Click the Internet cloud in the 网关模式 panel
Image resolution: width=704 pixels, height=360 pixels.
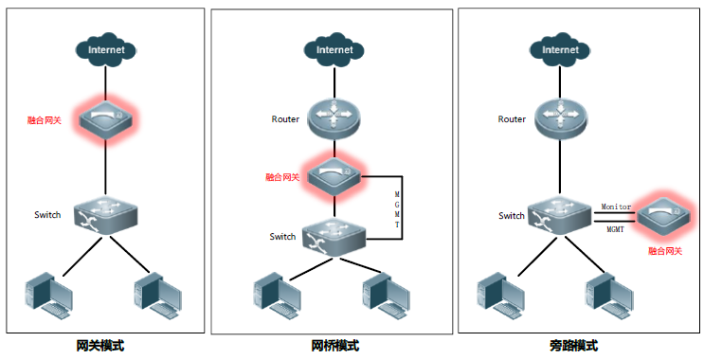tap(105, 49)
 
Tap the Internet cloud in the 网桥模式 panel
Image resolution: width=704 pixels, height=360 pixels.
tap(334, 49)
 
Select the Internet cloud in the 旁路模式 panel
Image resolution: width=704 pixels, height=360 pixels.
tap(560, 49)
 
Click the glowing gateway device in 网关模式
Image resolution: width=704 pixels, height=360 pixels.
tap(106, 119)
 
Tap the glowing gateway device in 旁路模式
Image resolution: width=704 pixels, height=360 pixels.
tap(664, 218)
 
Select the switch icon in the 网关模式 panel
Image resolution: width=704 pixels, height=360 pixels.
tap(105, 214)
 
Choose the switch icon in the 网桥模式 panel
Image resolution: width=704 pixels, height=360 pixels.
tap(334, 237)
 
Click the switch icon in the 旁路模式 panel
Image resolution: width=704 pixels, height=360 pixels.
tap(559, 216)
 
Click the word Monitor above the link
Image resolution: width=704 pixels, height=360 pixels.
tap(616, 207)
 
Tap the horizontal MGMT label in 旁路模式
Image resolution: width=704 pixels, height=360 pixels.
tap(616, 229)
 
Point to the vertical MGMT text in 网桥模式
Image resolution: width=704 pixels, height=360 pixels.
tap(397, 209)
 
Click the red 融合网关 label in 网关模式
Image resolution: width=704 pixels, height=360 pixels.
tap(44, 120)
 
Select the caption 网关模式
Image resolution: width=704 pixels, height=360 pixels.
tap(100, 346)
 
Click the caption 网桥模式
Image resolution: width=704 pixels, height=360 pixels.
tap(334, 346)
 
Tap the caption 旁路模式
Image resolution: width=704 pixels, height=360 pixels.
tap(574, 346)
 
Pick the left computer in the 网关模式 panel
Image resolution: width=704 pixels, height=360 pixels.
tap(49, 296)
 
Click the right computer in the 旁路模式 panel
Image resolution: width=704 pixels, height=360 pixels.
tap(609, 296)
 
